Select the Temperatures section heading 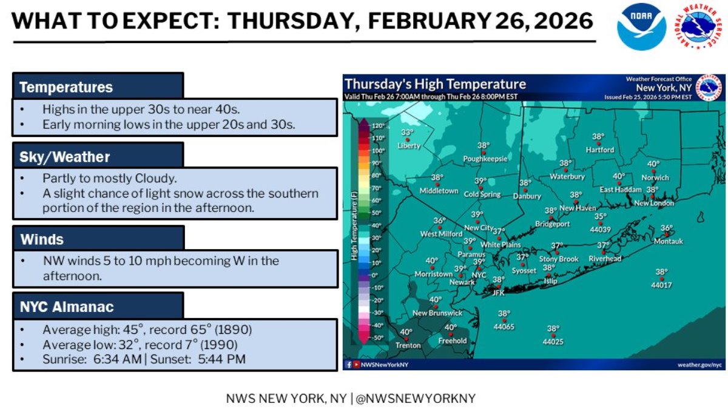(66, 87)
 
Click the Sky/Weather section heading (65, 157)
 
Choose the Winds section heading (42, 239)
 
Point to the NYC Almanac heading (67, 307)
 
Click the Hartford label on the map (599, 150)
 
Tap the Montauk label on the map (668, 241)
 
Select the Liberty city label (408, 146)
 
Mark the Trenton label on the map (408, 345)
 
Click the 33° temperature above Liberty (406, 133)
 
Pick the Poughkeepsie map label (485, 159)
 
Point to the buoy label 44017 (661, 285)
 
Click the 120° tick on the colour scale (379, 125)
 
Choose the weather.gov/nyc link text (699, 364)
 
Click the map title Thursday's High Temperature (435, 84)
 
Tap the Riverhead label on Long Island (605, 259)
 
